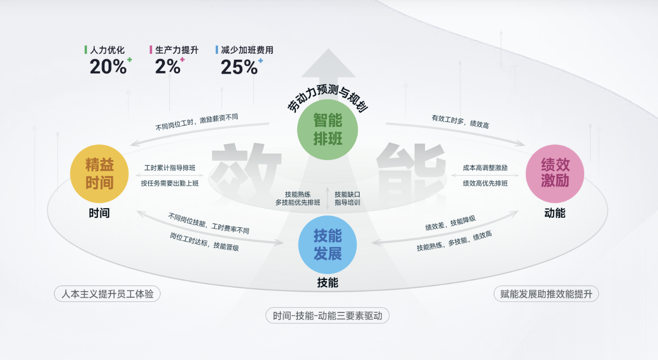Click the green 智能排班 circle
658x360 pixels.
[x=328, y=129]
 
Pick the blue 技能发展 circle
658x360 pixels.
[x=328, y=244]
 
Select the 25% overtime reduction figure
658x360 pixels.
[x=240, y=67]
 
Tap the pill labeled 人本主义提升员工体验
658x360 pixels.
[x=107, y=294]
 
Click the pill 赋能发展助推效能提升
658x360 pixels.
[x=546, y=294]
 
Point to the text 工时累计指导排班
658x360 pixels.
[x=170, y=168]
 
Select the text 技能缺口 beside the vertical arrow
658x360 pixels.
[x=347, y=194]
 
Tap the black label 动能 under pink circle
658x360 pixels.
[x=555, y=213]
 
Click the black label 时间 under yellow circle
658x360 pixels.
[x=99, y=213]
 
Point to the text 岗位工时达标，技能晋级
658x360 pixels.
[x=204, y=242]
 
